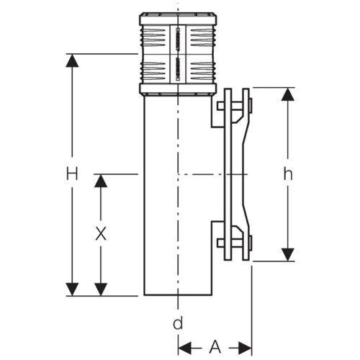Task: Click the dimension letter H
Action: click(x=72, y=174)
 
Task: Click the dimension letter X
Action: click(x=101, y=234)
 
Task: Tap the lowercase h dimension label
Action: click(x=288, y=174)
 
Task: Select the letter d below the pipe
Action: click(x=178, y=323)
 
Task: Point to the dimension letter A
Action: click(x=215, y=347)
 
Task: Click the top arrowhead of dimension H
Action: click(x=72, y=60)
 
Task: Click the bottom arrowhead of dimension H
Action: click(x=72, y=289)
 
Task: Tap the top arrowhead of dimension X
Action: click(x=101, y=181)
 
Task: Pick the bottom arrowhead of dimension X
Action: click(x=101, y=289)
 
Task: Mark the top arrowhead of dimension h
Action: click(x=288, y=94)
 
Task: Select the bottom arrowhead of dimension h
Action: click(x=288, y=255)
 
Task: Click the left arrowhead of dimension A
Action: click(x=185, y=348)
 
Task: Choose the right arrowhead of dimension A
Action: click(x=246, y=348)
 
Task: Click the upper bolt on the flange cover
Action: click(x=235, y=107)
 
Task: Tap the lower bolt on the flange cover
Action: click(x=235, y=243)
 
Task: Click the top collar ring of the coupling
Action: click(x=178, y=19)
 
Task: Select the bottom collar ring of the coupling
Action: click(x=178, y=89)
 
